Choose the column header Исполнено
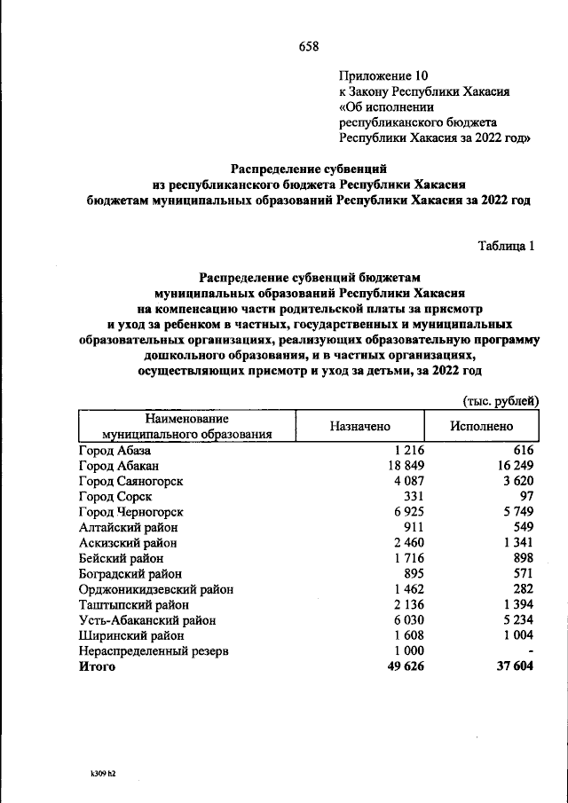(x=481, y=426)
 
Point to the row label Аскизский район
(x=127, y=542)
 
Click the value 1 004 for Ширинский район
(x=516, y=634)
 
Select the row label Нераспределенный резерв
(x=153, y=650)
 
